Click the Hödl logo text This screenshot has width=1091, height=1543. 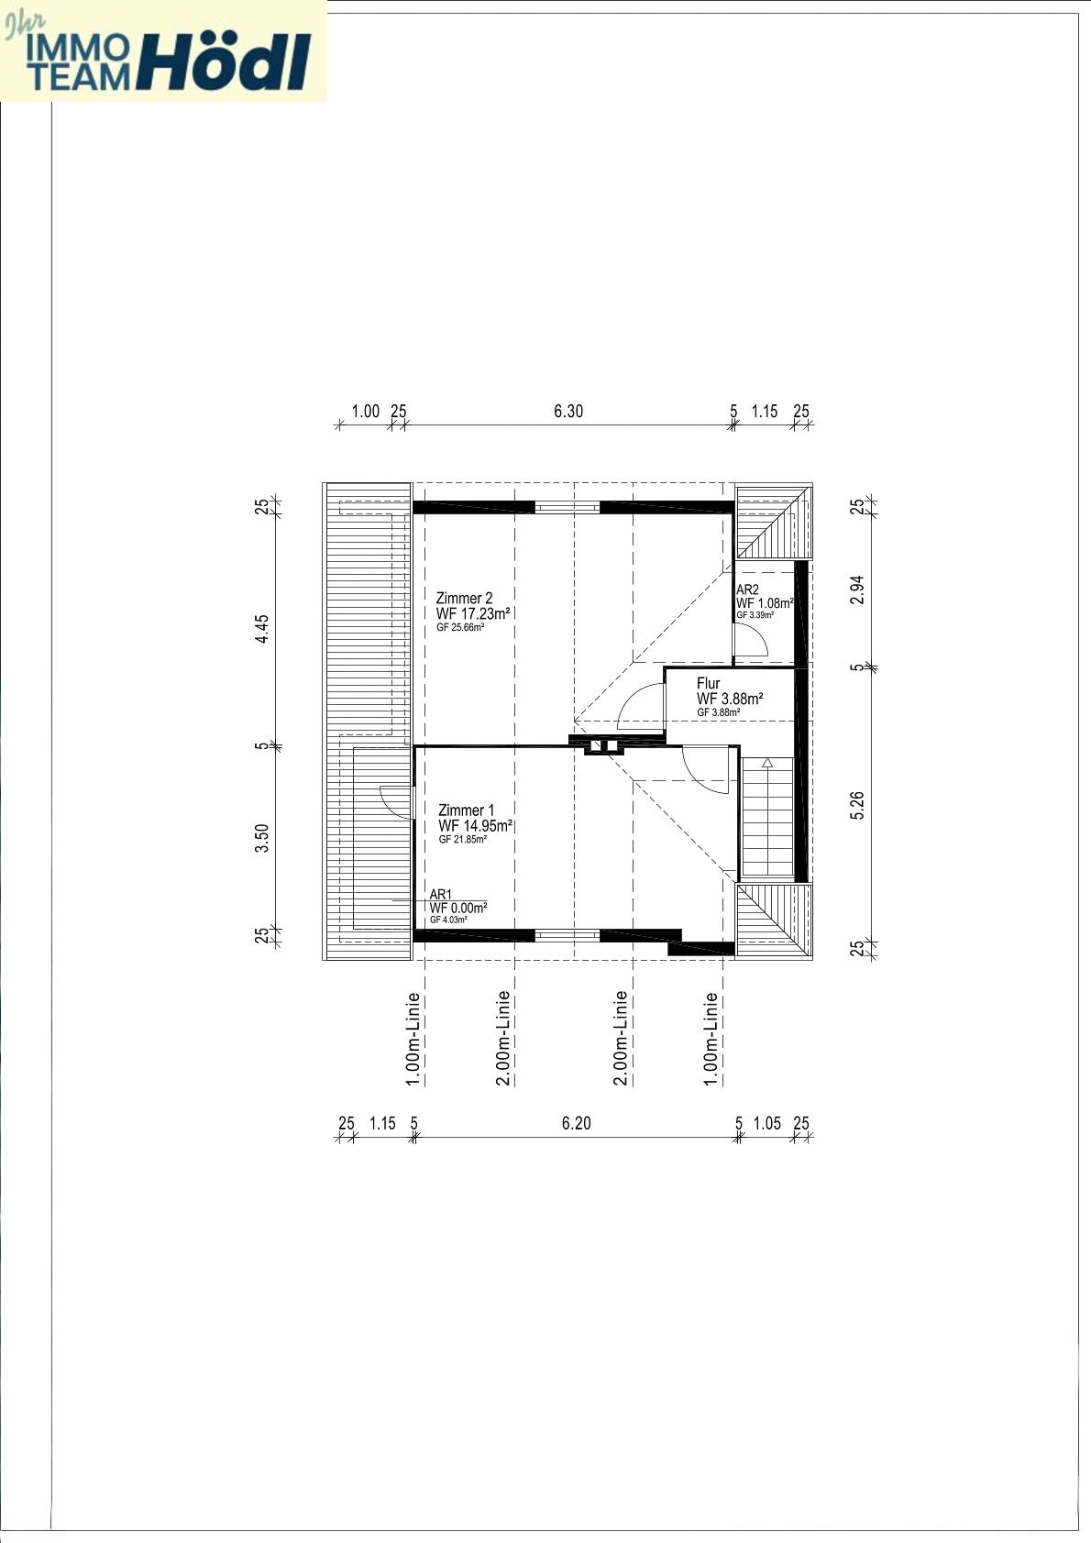pyautogui.click(x=225, y=61)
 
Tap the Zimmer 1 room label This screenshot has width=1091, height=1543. pyautogui.click(x=467, y=810)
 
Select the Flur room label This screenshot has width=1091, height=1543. pyautogui.click(x=709, y=683)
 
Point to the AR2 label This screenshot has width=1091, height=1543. pyautogui.click(x=747, y=590)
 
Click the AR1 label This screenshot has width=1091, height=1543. pyautogui.click(x=441, y=894)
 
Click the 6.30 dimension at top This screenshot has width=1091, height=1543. pyautogui.click(x=568, y=411)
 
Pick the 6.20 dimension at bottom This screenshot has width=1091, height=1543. pyautogui.click(x=576, y=1122)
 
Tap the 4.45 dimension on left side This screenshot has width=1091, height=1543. pyautogui.click(x=262, y=629)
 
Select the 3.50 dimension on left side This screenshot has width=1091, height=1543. pyautogui.click(x=262, y=838)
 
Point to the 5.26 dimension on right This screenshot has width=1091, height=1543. pyautogui.click(x=857, y=804)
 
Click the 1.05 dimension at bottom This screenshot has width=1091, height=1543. pyautogui.click(x=766, y=1122)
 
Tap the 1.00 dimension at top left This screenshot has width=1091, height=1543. pyautogui.click(x=365, y=411)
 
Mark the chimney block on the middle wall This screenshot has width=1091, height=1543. pyautogui.click(x=603, y=745)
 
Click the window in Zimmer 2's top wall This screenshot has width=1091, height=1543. pyautogui.click(x=568, y=506)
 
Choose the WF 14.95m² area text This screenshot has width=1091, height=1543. pyautogui.click(x=475, y=825)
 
